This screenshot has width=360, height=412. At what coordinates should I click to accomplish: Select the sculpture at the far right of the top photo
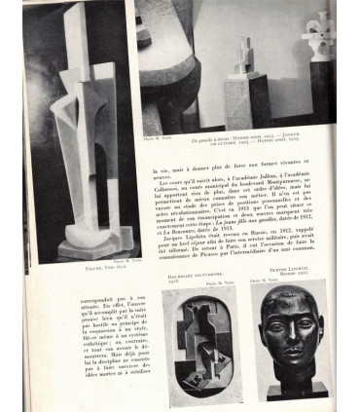(320, 34)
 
